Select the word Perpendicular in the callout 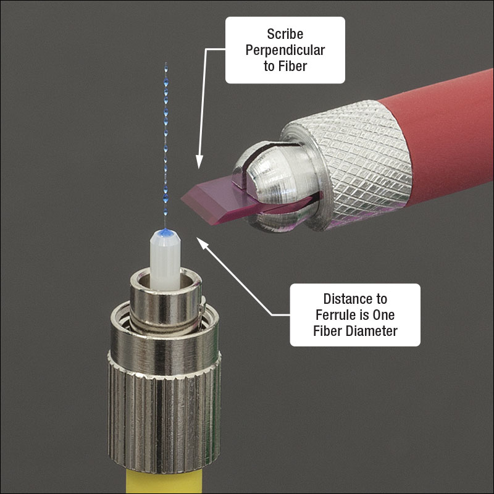pyautogui.click(x=285, y=49)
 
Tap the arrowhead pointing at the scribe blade pyautogui.click(x=199, y=164)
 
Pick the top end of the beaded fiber pyautogui.click(x=165, y=64)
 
